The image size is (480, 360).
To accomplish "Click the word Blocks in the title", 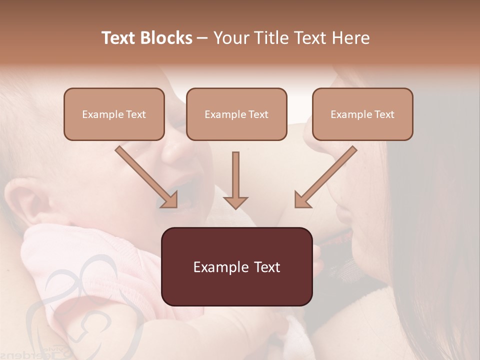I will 166,38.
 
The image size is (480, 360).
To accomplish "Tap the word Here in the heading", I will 349,38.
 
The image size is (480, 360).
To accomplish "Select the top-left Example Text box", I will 114,114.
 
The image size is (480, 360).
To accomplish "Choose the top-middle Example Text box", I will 236,114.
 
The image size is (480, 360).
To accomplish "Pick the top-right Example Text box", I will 362,114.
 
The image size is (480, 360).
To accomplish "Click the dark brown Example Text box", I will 236,266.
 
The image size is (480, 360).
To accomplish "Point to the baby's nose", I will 175,150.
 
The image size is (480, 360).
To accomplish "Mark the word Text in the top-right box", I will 384,114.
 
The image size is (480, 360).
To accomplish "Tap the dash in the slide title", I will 202,38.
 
